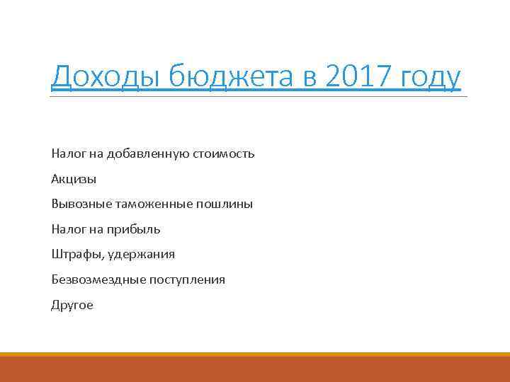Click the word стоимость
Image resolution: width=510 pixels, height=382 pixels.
click(x=222, y=154)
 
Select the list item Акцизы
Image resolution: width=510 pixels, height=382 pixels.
click(x=74, y=179)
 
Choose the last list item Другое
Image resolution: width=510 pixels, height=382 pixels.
click(x=72, y=306)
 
